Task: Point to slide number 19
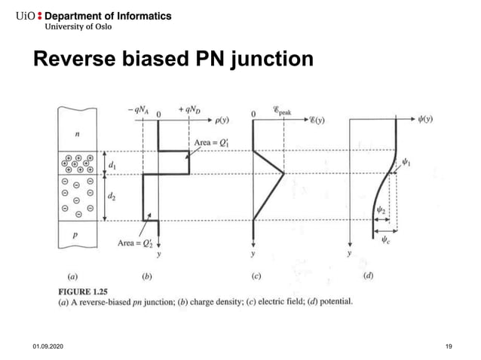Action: coord(449,346)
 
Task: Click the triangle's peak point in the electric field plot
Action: coord(283,174)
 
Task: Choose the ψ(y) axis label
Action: coord(430,118)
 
